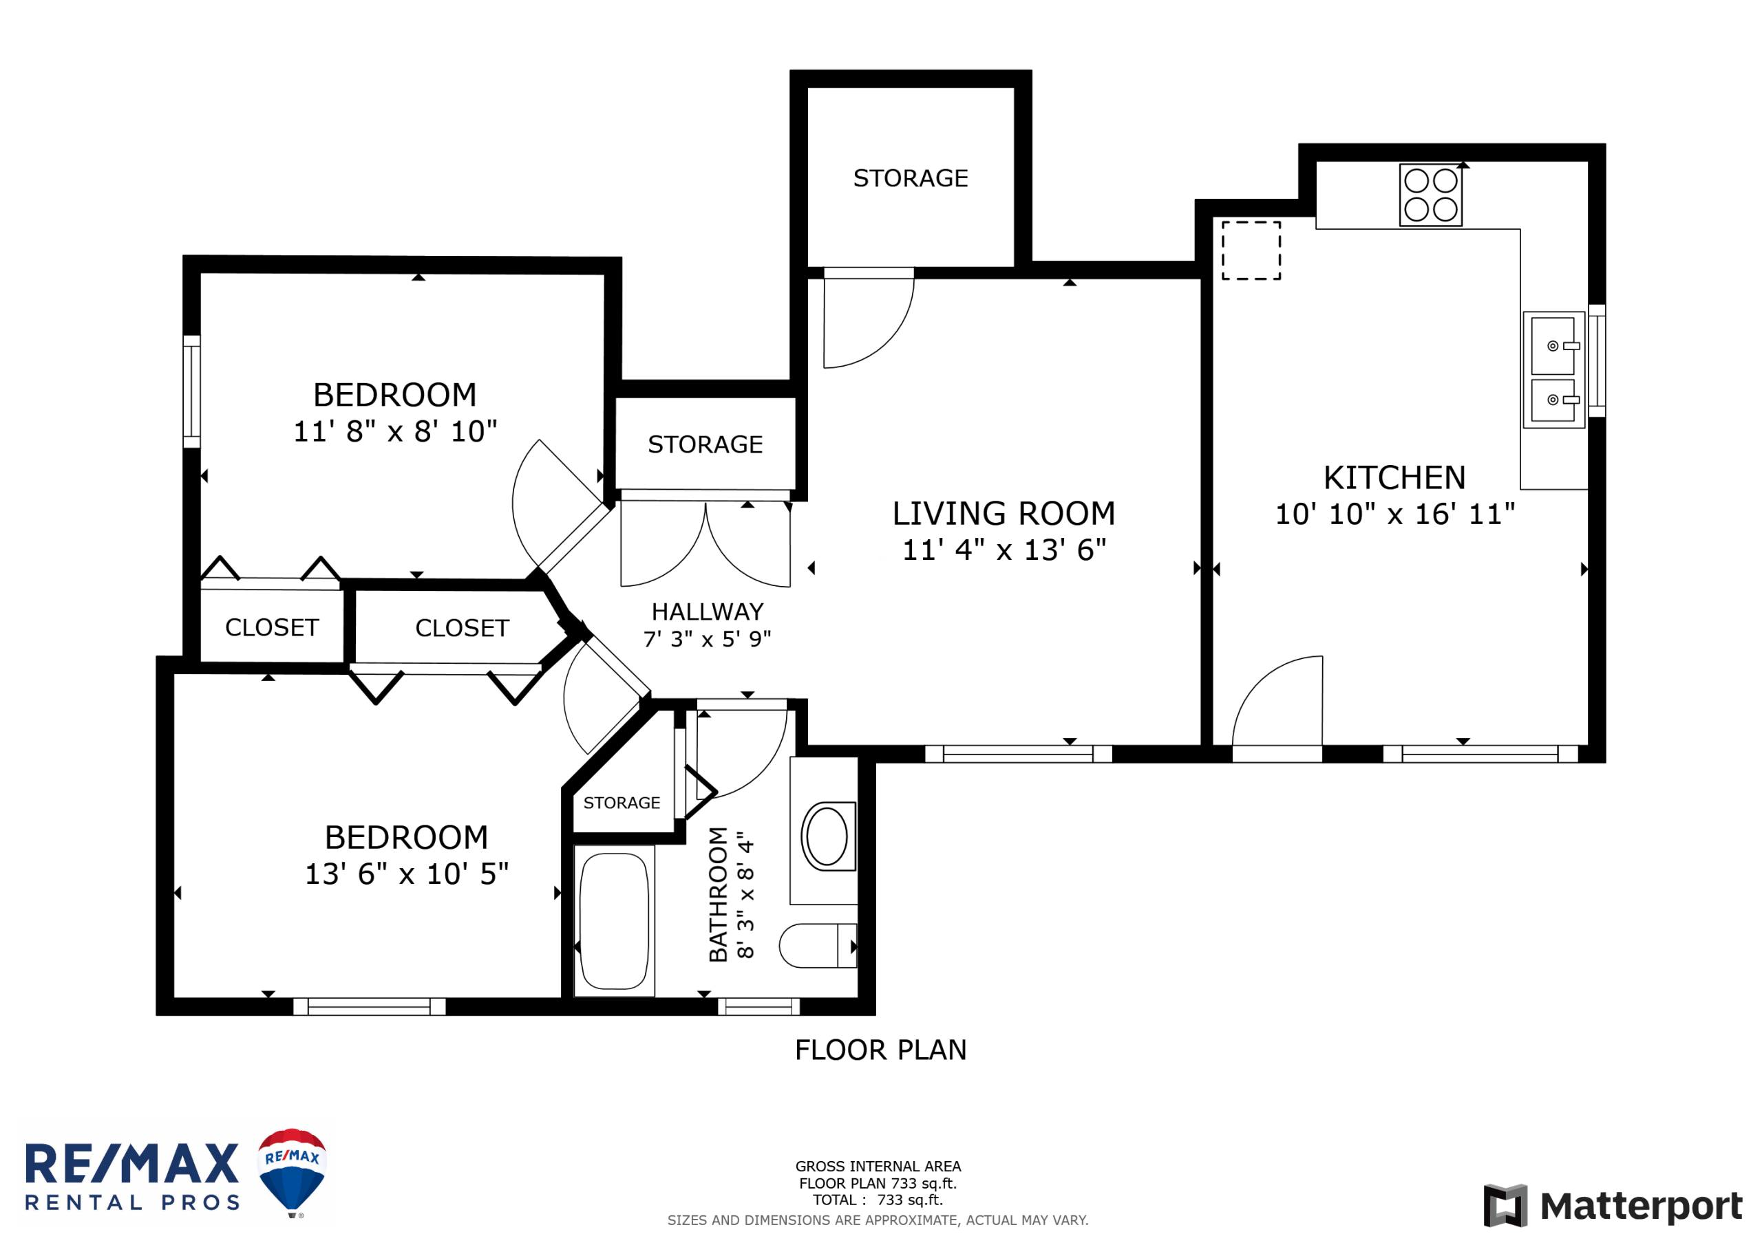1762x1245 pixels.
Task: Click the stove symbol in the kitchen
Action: coord(1430,195)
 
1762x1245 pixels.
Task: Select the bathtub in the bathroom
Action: coord(614,921)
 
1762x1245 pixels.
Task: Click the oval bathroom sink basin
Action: coord(827,836)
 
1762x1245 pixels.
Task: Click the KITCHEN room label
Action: coord(1394,478)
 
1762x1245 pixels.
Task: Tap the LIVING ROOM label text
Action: coord(1004,513)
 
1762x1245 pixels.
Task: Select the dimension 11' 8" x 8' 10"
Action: coord(395,431)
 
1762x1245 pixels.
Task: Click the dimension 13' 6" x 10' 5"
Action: coord(407,874)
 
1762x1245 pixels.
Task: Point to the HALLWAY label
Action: coord(708,611)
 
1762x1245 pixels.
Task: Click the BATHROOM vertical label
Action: coord(718,894)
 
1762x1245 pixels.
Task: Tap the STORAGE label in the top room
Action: coord(911,178)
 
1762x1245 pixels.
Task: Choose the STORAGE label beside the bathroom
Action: coord(622,803)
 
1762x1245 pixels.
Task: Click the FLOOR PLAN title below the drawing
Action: coord(881,1050)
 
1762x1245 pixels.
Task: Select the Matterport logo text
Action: coord(1641,1206)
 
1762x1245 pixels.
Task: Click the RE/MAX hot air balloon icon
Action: coord(292,1171)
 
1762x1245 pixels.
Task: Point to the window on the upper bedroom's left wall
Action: coord(192,391)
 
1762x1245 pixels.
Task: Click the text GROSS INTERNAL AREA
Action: coord(878,1167)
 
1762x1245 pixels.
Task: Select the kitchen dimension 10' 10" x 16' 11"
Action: coord(1395,514)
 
